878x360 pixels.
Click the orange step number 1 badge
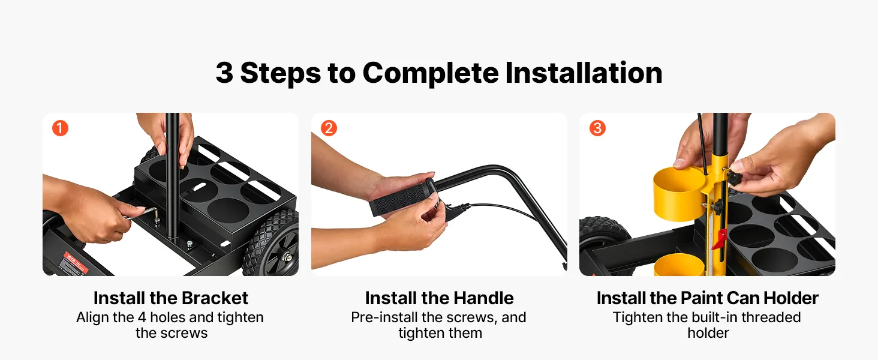coord(60,128)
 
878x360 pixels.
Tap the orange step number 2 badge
coord(329,128)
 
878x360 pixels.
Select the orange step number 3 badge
coord(597,128)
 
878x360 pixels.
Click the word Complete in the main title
coord(431,74)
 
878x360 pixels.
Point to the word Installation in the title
coord(584,73)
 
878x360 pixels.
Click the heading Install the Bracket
coord(170,298)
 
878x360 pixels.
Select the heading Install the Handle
coord(439,298)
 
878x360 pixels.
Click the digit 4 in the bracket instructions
coord(142,317)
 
